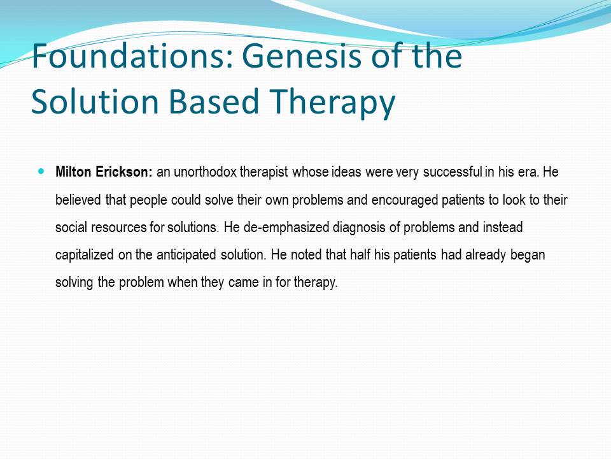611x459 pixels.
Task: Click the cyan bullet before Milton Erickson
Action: click(x=42, y=171)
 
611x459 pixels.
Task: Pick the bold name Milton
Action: click(x=73, y=171)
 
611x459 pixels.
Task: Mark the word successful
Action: click(x=453, y=172)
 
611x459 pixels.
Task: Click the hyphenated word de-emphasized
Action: click(x=286, y=228)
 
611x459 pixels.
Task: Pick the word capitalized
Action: click(x=85, y=255)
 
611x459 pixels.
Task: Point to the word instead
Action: click(x=503, y=227)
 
